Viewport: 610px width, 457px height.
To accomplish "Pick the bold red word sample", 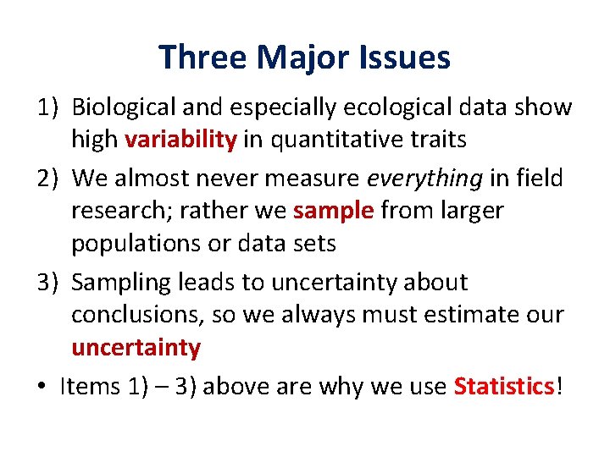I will (x=333, y=210).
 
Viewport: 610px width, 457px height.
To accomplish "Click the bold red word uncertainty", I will (x=136, y=348).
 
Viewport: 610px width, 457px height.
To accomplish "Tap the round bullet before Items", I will (x=41, y=388).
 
